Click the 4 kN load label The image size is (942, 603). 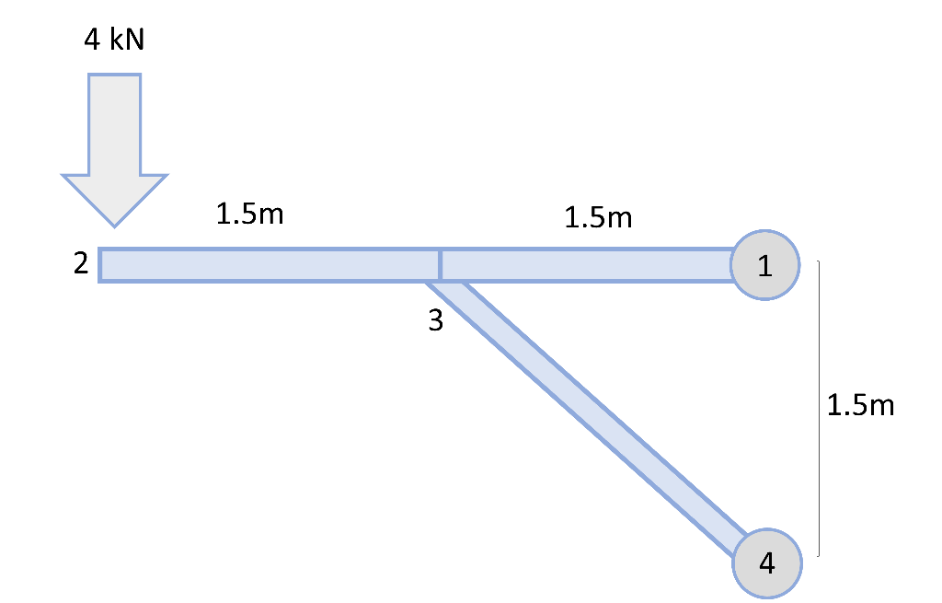pyautogui.click(x=114, y=40)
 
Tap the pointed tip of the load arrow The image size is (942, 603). pyautogui.click(x=114, y=227)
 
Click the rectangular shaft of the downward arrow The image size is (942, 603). pyautogui.click(x=114, y=124)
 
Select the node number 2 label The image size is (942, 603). pyautogui.click(x=81, y=263)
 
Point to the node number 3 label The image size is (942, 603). pyautogui.click(x=435, y=320)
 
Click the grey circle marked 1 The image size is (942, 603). pyautogui.click(x=764, y=264)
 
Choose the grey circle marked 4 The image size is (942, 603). pyautogui.click(x=767, y=563)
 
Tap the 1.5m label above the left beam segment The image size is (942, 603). pyautogui.click(x=249, y=214)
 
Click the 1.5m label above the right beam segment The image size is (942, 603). pyautogui.click(x=598, y=217)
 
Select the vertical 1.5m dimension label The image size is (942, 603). pyautogui.click(x=860, y=405)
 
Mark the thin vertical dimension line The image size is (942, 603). pyautogui.click(x=819, y=408)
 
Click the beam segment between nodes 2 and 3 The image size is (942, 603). pyautogui.click(x=270, y=264)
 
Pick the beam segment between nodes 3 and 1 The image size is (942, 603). pyautogui.click(x=587, y=264)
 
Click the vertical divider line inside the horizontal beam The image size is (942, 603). pyautogui.click(x=441, y=264)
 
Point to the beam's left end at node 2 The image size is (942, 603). pyautogui.click(x=99, y=264)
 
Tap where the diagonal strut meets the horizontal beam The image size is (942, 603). pyautogui.click(x=443, y=282)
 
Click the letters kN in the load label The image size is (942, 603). pyautogui.click(x=127, y=40)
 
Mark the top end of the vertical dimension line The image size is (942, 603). pyautogui.click(x=818, y=261)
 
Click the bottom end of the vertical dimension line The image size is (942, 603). pyautogui.click(x=818, y=556)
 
